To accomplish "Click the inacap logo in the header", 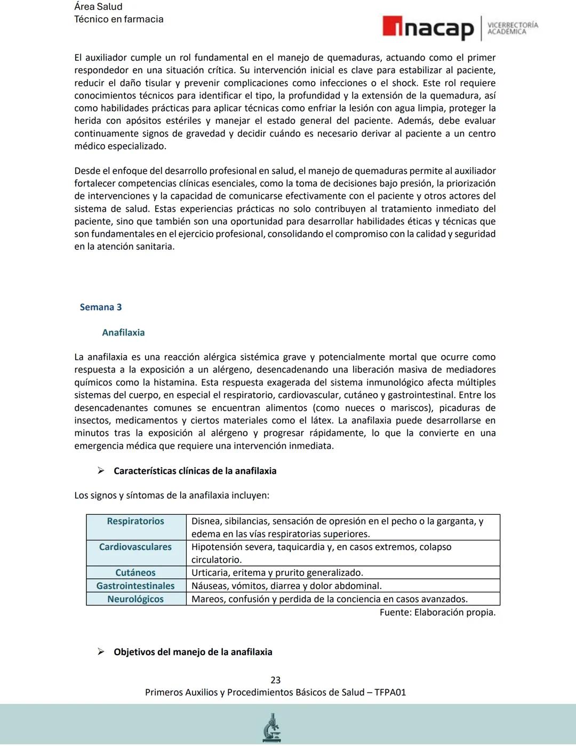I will click(428, 28).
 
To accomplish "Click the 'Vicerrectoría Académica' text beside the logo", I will click(513, 28).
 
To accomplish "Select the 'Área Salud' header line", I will click(98, 7).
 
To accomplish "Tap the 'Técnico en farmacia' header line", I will click(118, 19).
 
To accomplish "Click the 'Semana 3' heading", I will click(101, 307).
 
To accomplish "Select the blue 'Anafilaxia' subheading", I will click(123, 333).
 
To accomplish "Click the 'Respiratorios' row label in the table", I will click(135, 521).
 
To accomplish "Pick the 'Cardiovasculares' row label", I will click(135, 547).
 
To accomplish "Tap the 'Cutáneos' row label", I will click(135, 572).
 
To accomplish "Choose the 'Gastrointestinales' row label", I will click(135, 586).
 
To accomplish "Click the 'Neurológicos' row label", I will click(135, 599).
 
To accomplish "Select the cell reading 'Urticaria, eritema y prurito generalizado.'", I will click(277, 572).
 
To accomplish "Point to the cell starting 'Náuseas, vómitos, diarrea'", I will click(286, 586).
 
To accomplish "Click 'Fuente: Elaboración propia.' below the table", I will click(437, 612).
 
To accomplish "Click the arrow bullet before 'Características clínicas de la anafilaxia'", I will click(101, 471).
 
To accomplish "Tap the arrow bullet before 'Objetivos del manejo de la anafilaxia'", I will click(101, 652).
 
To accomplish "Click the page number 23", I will click(276, 680).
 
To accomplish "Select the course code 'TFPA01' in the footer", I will click(390, 693).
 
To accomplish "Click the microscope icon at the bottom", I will click(272, 727).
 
